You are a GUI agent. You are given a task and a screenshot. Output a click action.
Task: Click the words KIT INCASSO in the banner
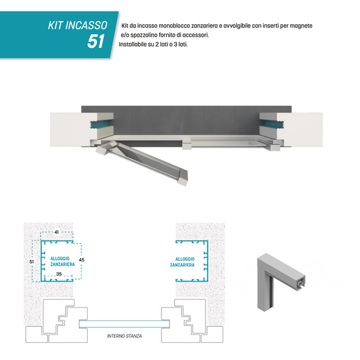pyautogui.click(x=78, y=26)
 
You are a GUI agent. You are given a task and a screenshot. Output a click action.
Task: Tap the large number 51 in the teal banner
pyautogui.click(x=96, y=41)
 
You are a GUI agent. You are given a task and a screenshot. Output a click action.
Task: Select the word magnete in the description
pyautogui.click(x=301, y=26)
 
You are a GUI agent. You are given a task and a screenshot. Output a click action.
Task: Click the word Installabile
pyautogui.click(x=133, y=45)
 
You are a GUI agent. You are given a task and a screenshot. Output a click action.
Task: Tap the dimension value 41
pyautogui.click(x=56, y=232)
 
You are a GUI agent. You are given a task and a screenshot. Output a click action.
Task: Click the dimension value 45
pyautogui.click(x=82, y=260)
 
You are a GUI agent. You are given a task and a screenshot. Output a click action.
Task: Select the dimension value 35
pyautogui.click(x=59, y=274)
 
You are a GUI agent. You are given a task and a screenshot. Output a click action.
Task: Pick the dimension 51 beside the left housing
pyautogui.click(x=31, y=262)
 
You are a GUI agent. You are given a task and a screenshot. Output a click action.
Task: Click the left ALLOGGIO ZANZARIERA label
pyautogui.click(x=62, y=261)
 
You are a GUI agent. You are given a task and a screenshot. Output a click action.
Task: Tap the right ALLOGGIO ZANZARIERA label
pyautogui.click(x=183, y=262)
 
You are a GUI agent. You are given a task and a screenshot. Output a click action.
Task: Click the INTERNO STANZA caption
pyautogui.click(x=124, y=336)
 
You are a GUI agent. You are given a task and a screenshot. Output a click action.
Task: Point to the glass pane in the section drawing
pyautogui.click(x=124, y=324)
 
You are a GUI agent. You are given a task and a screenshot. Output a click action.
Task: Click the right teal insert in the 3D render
pyautogui.click(x=271, y=124)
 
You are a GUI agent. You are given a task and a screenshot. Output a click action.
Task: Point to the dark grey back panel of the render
pyautogui.click(x=186, y=122)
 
